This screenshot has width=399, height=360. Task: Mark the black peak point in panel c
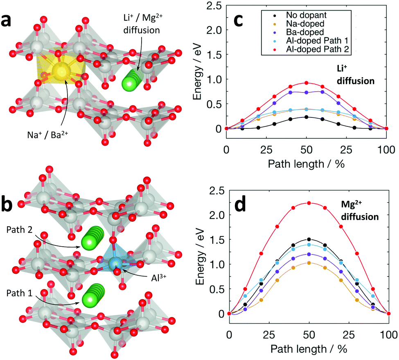click(306, 117)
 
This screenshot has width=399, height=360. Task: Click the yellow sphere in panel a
click(61, 71)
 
